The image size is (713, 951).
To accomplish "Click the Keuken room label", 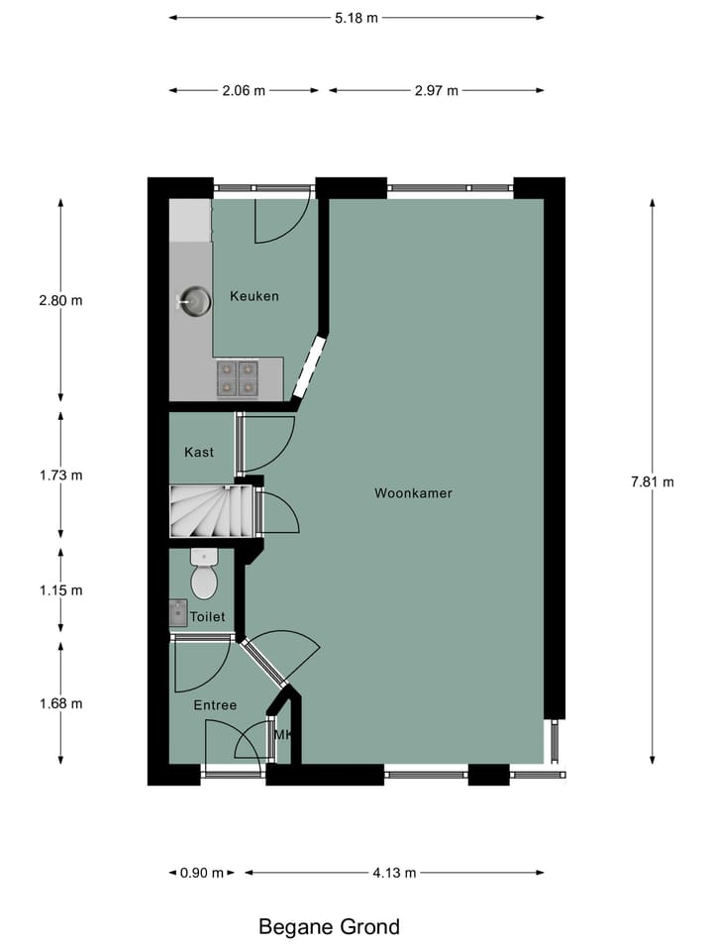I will (x=255, y=296).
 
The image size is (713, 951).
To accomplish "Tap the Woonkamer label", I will (x=413, y=492).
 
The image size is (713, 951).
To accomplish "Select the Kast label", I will (x=199, y=453).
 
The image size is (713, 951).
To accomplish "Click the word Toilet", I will (x=208, y=616).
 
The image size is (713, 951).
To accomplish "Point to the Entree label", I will (x=215, y=705).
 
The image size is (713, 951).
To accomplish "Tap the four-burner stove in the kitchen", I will (x=238, y=377).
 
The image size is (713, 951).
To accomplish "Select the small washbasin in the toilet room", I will (x=178, y=613).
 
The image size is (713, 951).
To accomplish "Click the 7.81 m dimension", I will (x=652, y=482).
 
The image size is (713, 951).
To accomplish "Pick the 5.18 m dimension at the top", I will (x=356, y=17).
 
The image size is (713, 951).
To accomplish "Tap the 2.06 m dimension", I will (x=245, y=91).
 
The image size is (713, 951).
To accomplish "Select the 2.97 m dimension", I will (x=437, y=91).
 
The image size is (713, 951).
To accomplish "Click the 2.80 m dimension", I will (x=61, y=300).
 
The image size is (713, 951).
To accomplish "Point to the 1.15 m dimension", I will (x=61, y=590).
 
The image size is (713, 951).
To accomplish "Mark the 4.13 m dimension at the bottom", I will (x=394, y=873).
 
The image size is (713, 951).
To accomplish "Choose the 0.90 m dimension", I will (x=201, y=873).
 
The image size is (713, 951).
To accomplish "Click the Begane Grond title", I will (x=330, y=927).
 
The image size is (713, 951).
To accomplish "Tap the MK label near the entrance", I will (x=282, y=735).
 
